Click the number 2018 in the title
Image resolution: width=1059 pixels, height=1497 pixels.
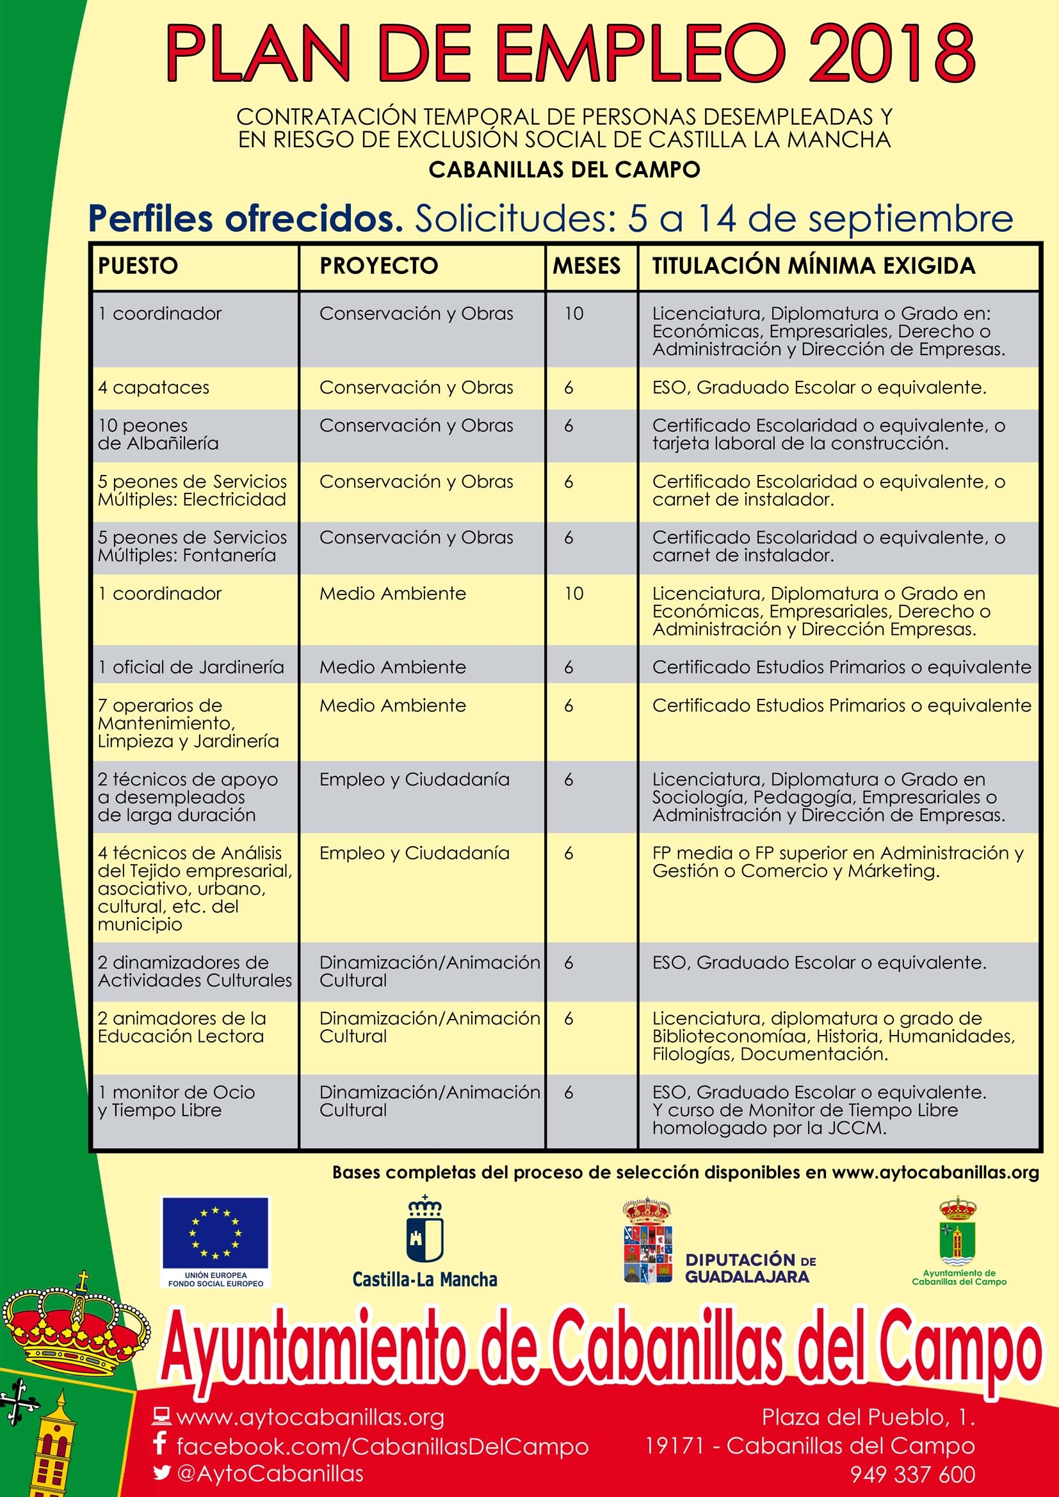(x=891, y=52)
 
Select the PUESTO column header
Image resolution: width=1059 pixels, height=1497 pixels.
(x=138, y=266)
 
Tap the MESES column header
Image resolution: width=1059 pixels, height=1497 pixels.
(x=586, y=266)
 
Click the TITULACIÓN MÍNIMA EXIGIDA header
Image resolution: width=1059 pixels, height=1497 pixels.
(x=813, y=266)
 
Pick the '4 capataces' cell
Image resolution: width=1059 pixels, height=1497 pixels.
(x=154, y=388)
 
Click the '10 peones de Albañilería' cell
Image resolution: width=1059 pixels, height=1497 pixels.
(x=158, y=435)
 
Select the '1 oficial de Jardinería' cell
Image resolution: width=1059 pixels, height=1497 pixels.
(x=191, y=668)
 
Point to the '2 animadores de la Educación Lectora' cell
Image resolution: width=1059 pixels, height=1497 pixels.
(x=182, y=1028)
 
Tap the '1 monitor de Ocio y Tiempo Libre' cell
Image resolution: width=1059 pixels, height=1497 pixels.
(x=176, y=1101)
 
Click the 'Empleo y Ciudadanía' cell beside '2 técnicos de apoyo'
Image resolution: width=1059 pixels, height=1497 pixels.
(x=414, y=780)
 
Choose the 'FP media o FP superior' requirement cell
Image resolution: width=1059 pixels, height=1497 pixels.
(x=837, y=862)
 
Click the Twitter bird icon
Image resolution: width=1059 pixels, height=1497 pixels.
(x=162, y=1473)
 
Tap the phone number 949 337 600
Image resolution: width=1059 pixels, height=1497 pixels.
(x=912, y=1474)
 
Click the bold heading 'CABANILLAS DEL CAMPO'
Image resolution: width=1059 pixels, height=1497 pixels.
(x=564, y=170)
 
